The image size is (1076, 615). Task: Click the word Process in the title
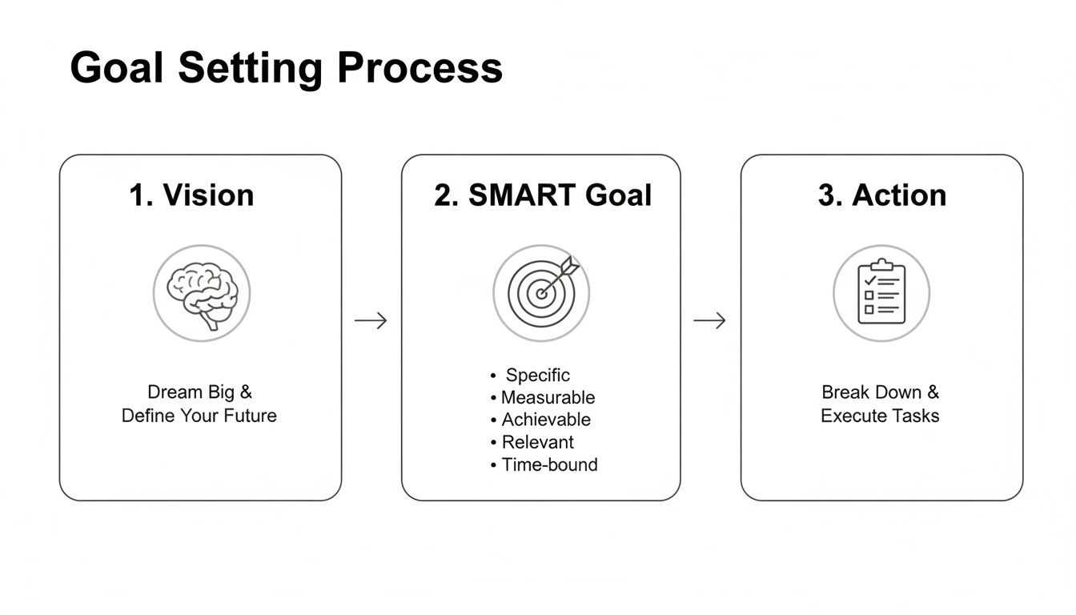click(x=420, y=69)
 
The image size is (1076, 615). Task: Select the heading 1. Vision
click(x=192, y=195)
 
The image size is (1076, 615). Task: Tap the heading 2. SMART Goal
click(x=543, y=195)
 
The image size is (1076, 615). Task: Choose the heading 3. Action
click(x=881, y=195)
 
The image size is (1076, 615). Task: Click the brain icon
click(x=201, y=293)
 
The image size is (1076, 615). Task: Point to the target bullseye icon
click(x=542, y=294)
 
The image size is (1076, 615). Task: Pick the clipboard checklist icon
click(x=881, y=293)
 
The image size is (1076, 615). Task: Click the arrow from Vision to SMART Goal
click(x=371, y=321)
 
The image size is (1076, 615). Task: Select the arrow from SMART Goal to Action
click(x=709, y=321)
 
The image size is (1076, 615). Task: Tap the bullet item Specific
click(x=537, y=375)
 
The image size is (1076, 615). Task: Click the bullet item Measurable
click(x=548, y=397)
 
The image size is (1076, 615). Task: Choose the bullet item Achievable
click(x=546, y=420)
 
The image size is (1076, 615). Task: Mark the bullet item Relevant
click(x=537, y=442)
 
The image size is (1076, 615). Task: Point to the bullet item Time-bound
click(x=549, y=464)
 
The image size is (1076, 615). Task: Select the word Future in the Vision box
click(x=250, y=416)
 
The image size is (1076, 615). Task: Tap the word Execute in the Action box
click(x=849, y=416)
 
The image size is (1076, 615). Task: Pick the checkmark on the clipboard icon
click(x=869, y=281)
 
